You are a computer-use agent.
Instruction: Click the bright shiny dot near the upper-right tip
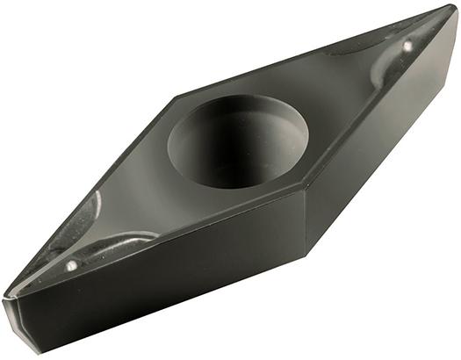click(x=407, y=44)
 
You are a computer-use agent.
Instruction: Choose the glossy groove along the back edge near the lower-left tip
click(x=88, y=211)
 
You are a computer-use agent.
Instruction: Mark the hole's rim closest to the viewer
click(x=246, y=179)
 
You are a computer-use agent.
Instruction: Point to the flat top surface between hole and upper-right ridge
click(x=334, y=97)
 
